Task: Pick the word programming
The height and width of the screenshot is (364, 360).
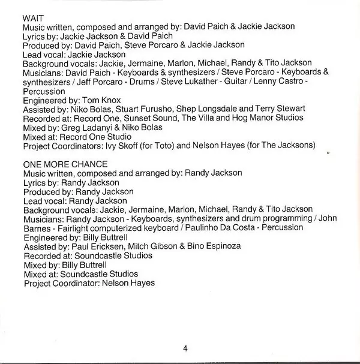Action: [279, 218]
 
